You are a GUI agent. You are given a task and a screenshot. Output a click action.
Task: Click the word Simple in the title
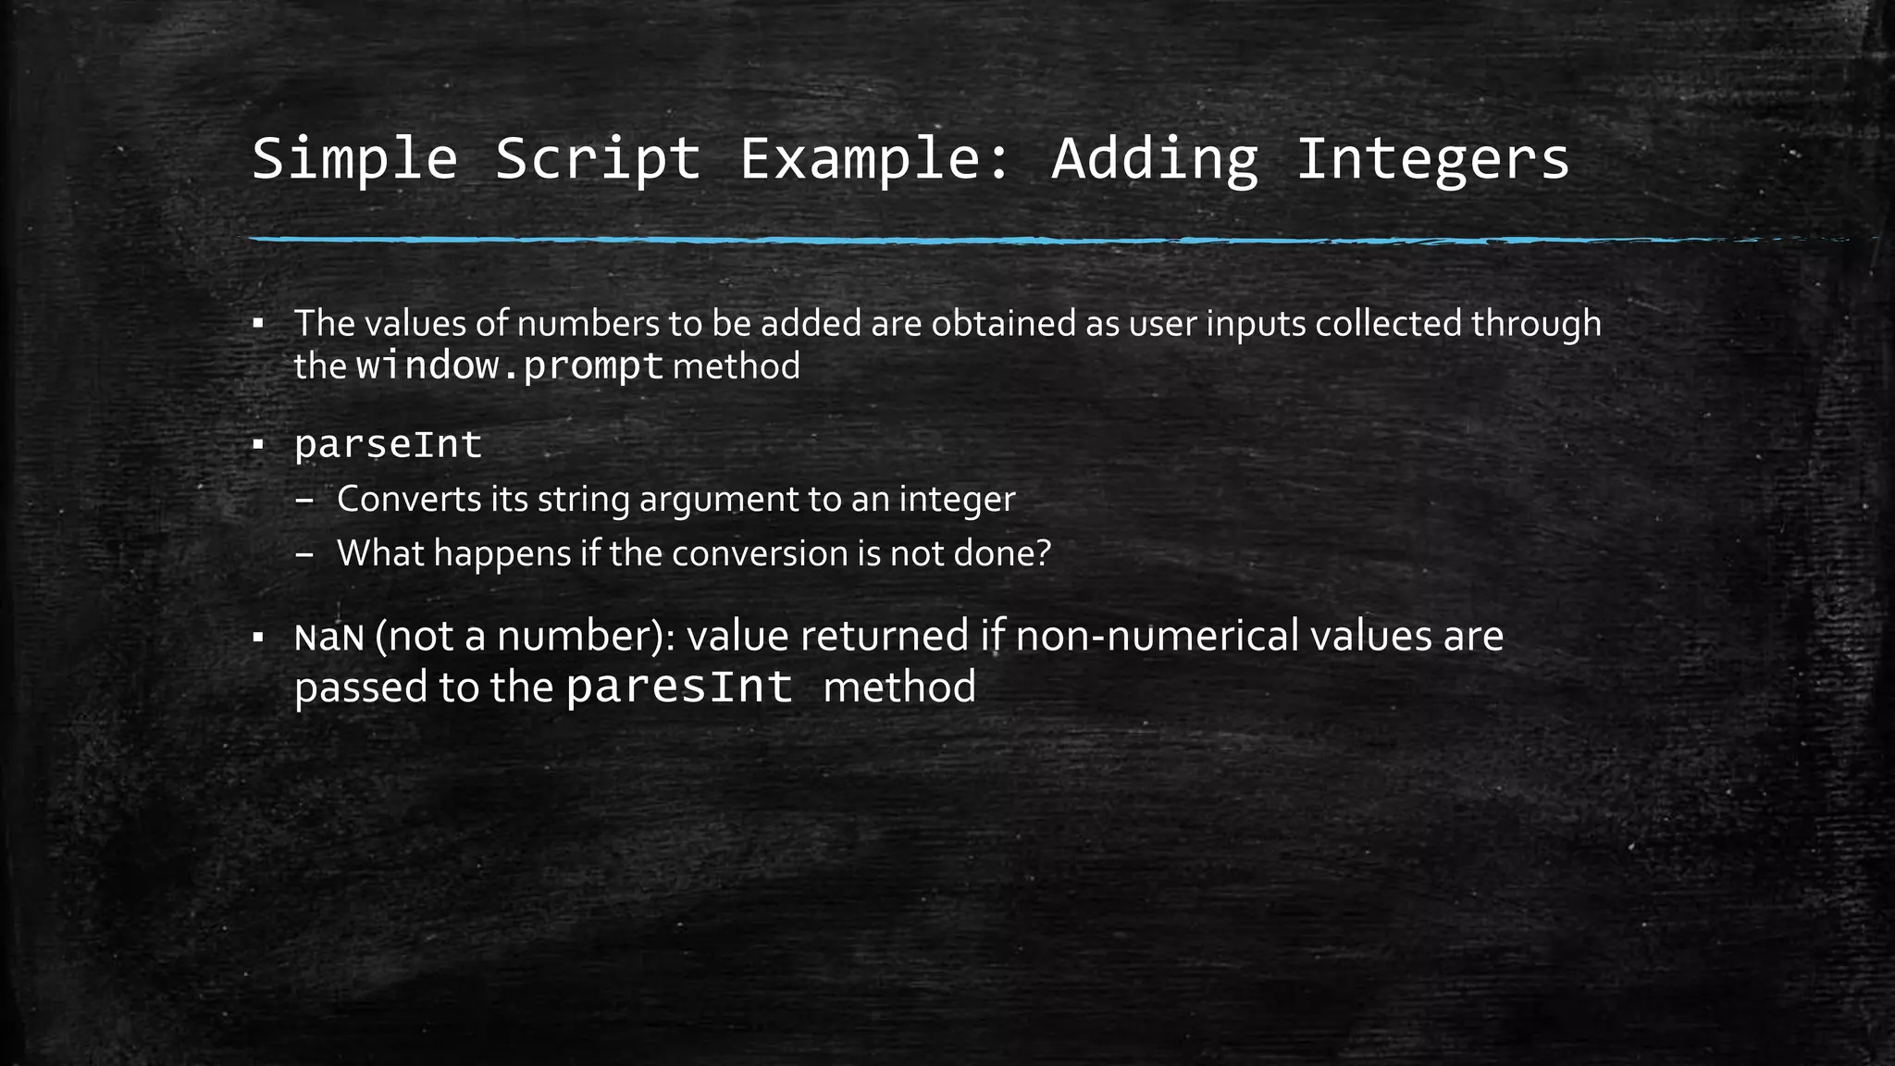(x=354, y=158)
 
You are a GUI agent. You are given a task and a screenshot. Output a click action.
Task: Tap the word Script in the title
(x=598, y=158)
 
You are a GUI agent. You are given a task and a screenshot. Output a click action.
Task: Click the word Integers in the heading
(x=1432, y=158)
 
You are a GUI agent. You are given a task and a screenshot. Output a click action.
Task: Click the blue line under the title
(x=925, y=240)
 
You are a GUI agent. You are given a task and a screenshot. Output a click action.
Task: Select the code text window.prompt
(x=510, y=366)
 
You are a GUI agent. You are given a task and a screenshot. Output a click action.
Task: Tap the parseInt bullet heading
(x=388, y=445)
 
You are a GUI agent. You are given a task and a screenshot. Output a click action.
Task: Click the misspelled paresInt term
(x=679, y=688)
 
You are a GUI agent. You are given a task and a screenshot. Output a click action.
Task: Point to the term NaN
(x=328, y=638)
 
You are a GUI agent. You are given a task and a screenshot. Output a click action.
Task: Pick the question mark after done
(x=1044, y=553)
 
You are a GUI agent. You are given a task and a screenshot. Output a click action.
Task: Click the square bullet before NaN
(x=258, y=637)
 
